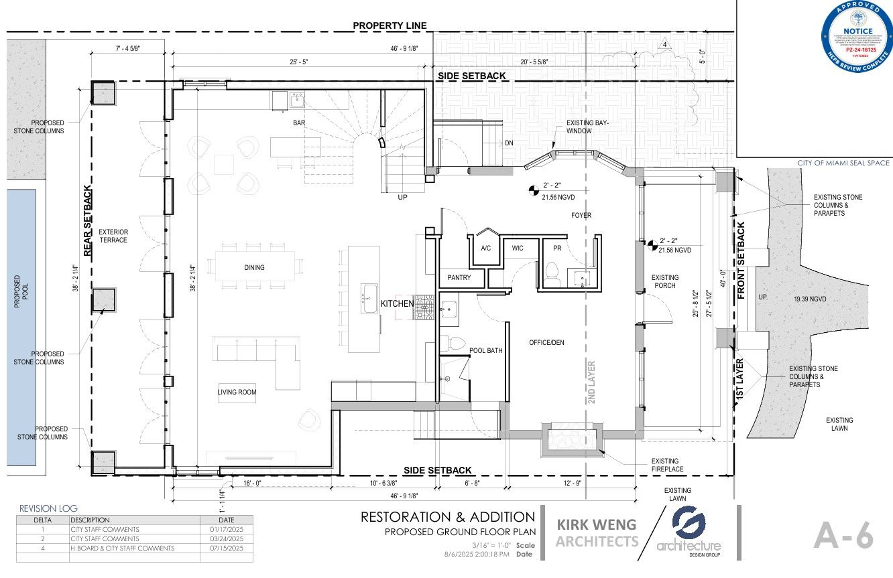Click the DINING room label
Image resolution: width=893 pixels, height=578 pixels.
pos(254,267)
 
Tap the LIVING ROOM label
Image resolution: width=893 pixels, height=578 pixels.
pos(237,392)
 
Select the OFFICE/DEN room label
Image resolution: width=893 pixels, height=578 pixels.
pos(546,342)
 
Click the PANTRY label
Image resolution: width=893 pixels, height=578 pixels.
pos(459,277)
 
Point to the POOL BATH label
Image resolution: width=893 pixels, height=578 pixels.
pos(485,350)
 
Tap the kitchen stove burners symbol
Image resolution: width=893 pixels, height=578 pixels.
pos(424,308)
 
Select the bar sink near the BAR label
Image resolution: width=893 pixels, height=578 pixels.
pos(296,101)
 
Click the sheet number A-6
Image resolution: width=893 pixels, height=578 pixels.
pos(843,536)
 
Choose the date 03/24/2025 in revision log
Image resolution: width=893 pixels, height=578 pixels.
pos(226,538)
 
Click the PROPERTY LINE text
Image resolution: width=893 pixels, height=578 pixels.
pos(390,25)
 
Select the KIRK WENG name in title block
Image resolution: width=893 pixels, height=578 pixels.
pos(596,524)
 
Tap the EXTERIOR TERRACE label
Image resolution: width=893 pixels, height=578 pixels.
pos(113,236)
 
